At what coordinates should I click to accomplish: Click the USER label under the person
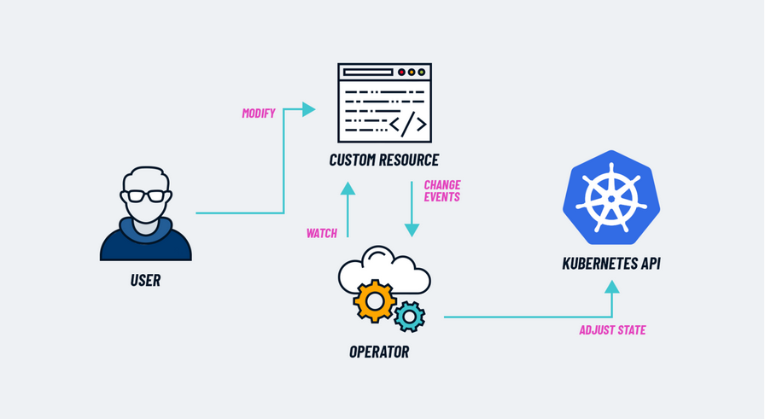pos(145,280)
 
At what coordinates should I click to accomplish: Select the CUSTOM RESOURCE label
pos(384,160)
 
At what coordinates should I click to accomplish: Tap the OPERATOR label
pos(379,351)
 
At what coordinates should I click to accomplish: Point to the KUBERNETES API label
pos(611,264)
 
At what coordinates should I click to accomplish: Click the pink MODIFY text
pos(259,113)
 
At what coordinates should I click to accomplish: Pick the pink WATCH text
pos(322,233)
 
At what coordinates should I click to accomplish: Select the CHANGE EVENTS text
pos(442,190)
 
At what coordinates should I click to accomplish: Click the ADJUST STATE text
pos(611,330)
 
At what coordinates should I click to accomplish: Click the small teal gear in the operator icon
pos(410,317)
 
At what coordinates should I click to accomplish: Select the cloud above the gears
pos(384,266)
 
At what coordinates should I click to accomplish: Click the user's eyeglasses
pos(145,195)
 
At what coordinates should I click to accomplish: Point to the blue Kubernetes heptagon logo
pos(611,199)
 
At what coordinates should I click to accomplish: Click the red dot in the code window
pos(401,73)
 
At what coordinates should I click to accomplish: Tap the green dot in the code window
pos(422,73)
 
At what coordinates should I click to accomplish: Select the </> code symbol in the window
pos(407,125)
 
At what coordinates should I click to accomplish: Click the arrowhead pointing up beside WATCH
pos(347,189)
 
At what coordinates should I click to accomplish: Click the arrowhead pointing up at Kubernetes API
pos(611,287)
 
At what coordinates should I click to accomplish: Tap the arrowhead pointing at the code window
pos(309,109)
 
